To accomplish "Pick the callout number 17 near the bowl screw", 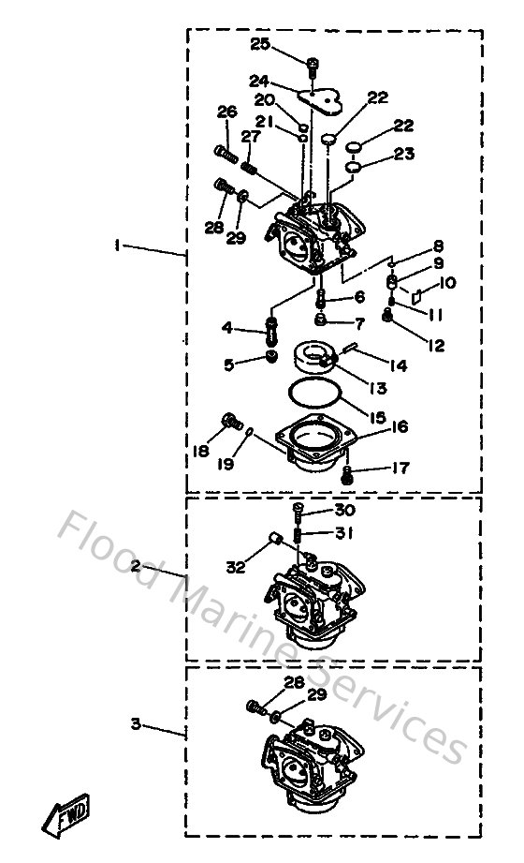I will [399, 468].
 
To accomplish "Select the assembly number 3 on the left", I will [136, 723].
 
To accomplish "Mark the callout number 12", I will [435, 346].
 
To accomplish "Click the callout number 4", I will [226, 328].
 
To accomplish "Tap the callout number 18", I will [201, 451].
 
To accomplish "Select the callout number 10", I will [447, 282].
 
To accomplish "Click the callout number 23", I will [403, 156].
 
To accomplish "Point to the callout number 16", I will [399, 427].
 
